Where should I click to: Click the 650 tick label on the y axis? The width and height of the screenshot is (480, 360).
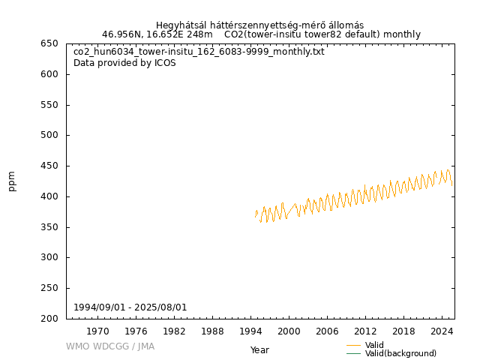(x=52, y=43)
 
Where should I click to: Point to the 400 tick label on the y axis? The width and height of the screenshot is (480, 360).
(x=52, y=196)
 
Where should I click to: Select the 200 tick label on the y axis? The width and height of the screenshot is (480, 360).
(x=52, y=319)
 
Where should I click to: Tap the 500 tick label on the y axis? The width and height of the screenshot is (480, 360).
(x=52, y=135)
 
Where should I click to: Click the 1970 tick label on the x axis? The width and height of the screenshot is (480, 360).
(x=97, y=331)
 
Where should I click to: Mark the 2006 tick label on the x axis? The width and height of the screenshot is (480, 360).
(x=327, y=331)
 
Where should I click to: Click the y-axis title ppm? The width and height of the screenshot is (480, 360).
(x=12, y=181)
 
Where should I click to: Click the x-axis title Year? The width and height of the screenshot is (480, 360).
(x=259, y=349)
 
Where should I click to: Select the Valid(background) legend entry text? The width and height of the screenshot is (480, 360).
(x=400, y=353)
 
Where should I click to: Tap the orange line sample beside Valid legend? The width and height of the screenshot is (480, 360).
(x=353, y=345)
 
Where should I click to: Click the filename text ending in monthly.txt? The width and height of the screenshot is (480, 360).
(x=199, y=52)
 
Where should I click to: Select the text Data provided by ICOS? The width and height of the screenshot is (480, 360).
(x=124, y=63)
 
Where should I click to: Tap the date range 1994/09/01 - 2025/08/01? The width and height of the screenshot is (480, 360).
(x=130, y=307)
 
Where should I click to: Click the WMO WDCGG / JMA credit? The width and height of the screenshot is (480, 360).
(x=110, y=346)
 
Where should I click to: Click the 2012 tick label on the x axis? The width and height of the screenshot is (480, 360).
(x=365, y=331)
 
